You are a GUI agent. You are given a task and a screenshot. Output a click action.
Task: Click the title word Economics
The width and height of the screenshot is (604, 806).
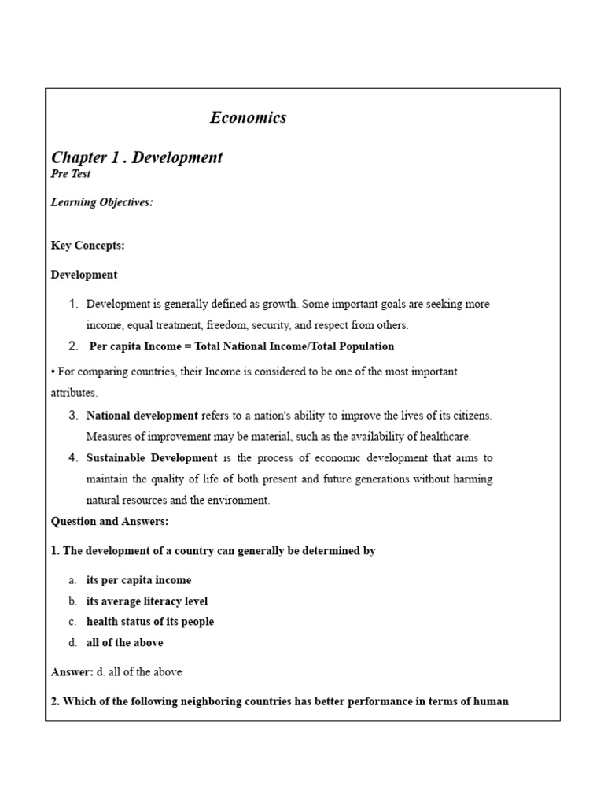[x=248, y=118]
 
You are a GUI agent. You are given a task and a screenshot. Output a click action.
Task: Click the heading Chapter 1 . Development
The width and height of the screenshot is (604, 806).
[x=137, y=157]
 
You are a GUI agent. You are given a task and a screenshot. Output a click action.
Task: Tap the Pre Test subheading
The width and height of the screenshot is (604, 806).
[x=71, y=174]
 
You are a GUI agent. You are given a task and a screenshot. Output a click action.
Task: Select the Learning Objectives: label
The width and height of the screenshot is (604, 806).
[x=102, y=202]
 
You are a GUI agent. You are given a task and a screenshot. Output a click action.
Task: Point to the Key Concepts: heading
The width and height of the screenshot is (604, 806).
[x=88, y=246]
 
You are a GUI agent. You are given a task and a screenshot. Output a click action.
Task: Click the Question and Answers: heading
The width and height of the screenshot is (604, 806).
[x=110, y=521]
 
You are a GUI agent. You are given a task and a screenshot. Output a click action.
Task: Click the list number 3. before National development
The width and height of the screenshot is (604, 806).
[x=73, y=416]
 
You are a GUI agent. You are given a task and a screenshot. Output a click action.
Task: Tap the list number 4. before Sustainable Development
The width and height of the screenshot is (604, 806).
[x=73, y=458]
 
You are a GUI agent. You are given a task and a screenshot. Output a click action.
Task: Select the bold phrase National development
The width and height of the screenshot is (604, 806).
[x=142, y=416]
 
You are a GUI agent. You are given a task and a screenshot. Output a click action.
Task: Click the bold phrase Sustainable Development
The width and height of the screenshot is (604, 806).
[x=152, y=458]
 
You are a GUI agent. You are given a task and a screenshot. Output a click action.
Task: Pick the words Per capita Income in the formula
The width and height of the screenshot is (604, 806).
[x=130, y=346]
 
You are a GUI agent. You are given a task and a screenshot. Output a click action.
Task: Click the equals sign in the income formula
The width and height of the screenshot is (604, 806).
[x=177, y=346]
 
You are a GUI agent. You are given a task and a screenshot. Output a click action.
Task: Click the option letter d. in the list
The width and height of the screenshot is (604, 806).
[x=72, y=643]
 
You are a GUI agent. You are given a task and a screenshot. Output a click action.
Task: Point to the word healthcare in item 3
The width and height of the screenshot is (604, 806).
[x=444, y=437]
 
